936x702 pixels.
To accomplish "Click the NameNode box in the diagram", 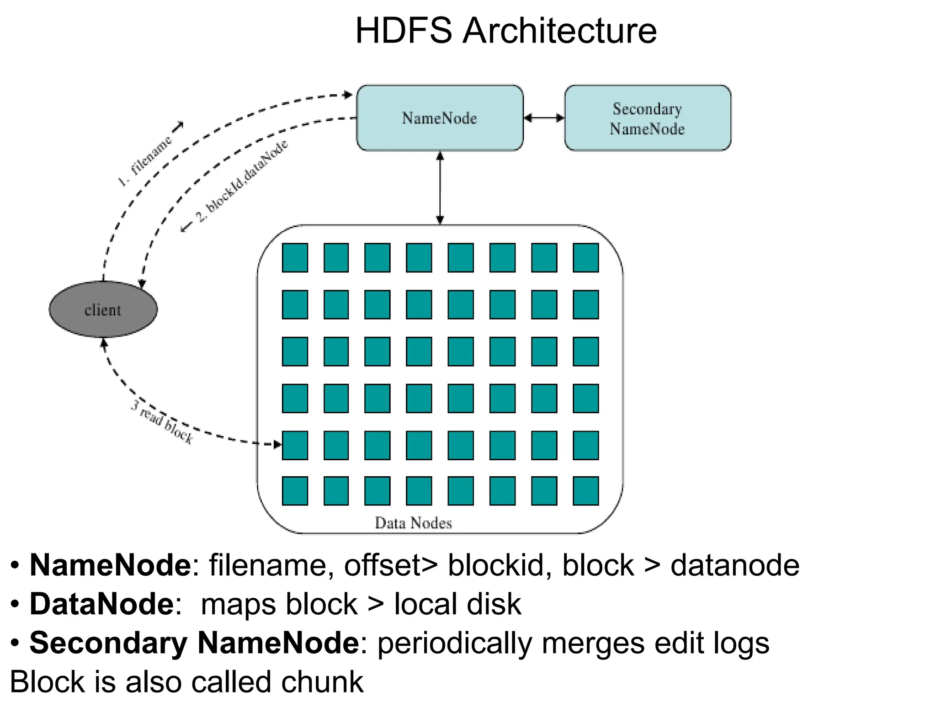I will pyautogui.click(x=439, y=118).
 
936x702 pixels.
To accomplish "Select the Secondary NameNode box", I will pyautogui.click(x=647, y=118).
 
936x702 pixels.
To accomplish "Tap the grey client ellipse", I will pyautogui.click(x=103, y=309).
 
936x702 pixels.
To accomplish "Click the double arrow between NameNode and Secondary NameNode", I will pyautogui.click(x=544, y=118).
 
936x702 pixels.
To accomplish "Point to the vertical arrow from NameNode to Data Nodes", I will pyautogui.click(x=440, y=187).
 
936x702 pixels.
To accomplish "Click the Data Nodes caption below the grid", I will pyautogui.click(x=413, y=523).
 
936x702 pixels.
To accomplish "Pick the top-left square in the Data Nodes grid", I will pyautogui.click(x=295, y=258).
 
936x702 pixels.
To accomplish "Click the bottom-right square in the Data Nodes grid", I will pyautogui.click(x=585, y=491).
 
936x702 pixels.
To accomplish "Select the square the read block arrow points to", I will pyautogui.click(x=295, y=445).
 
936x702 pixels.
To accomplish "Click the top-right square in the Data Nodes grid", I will pyautogui.click(x=585, y=258).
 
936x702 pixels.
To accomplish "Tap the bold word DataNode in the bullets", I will pyautogui.click(x=101, y=604).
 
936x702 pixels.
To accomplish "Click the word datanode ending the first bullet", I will pyautogui.click(x=734, y=565).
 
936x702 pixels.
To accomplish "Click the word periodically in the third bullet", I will pyautogui.click(x=455, y=643).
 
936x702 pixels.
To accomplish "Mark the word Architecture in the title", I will pyautogui.click(x=559, y=31).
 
